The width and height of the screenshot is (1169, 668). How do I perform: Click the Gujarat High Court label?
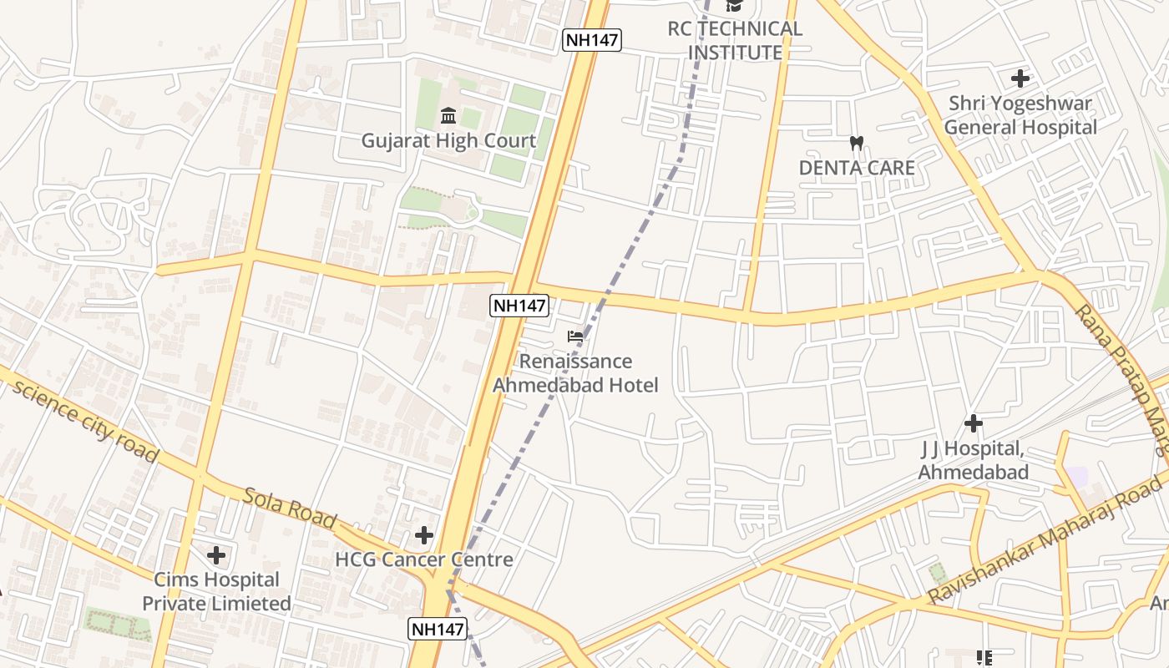(448, 140)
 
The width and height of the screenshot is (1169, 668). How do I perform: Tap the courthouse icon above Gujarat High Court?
(448, 114)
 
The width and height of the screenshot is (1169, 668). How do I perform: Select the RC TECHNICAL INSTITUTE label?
(735, 40)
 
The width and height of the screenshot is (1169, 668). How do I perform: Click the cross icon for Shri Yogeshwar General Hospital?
(1020, 78)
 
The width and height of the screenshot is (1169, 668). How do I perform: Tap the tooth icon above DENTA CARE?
(856, 143)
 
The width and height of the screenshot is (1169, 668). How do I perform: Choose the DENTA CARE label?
(857, 167)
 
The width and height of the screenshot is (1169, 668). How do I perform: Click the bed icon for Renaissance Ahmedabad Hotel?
(575, 337)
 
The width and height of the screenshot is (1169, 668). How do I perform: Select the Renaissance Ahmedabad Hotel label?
(575, 373)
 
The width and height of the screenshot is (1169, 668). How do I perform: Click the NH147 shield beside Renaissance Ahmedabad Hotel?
(519, 306)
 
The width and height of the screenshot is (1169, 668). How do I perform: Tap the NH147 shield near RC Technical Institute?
(592, 39)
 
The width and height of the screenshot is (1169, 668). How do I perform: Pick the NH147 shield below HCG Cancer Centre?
(438, 629)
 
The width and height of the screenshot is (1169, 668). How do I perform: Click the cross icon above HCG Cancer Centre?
(424, 534)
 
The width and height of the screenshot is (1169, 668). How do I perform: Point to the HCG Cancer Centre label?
(423, 559)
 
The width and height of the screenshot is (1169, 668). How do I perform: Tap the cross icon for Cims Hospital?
(216, 554)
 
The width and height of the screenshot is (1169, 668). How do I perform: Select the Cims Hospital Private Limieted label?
(216, 591)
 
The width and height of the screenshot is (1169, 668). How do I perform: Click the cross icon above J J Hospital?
(973, 423)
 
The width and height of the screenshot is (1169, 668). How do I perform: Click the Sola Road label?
(289, 507)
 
